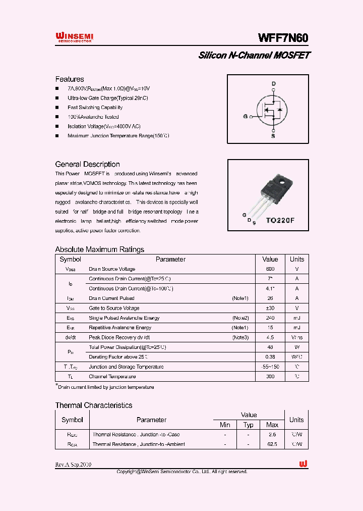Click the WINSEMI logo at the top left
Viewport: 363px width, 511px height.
74,37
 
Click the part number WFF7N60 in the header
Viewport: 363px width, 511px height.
283,38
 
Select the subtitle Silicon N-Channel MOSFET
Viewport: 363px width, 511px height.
254,55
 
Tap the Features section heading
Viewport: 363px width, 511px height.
70,79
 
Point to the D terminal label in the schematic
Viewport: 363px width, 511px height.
274,84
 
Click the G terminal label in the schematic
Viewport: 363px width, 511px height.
246,116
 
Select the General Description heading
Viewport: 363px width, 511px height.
87,164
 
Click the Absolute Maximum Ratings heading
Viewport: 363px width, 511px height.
99,249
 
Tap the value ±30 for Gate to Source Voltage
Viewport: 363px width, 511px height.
270,308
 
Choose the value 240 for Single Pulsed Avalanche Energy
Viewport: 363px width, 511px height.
270,318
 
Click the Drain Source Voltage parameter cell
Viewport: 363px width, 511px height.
112,269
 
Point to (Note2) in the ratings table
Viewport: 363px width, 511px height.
240,318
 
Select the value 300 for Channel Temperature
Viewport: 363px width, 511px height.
270,377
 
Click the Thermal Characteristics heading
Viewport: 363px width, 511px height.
94,405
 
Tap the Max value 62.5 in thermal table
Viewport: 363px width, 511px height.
272,444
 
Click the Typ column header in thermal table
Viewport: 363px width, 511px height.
249,425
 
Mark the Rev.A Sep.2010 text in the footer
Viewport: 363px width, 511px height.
74,465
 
